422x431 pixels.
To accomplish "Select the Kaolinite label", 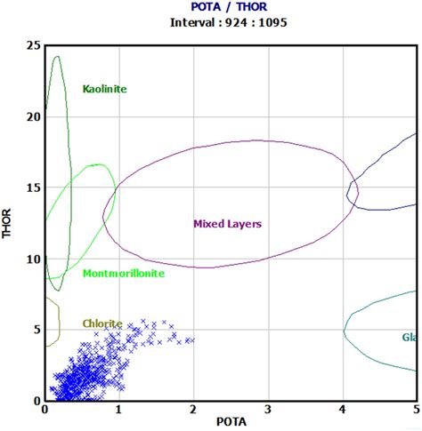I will [x=105, y=89].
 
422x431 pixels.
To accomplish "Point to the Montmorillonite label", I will [x=123, y=274].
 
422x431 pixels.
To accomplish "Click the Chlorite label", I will [x=102, y=324].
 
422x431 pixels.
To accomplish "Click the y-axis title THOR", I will [x=9, y=222].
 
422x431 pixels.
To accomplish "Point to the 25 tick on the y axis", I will [x=33, y=45].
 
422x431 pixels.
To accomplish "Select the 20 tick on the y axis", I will [x=33, y=116].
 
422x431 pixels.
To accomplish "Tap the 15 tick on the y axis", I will [x=33, y=188].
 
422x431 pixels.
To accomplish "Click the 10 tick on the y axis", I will [x=33, y=259].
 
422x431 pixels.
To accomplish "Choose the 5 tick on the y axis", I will [x=37, y=330].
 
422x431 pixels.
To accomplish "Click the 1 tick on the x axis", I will [x=119, y=410].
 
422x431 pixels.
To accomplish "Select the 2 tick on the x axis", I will [x=193, y=410].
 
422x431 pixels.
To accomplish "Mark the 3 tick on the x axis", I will [x=268, y=410].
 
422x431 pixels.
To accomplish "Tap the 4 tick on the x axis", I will [x=342, y=410].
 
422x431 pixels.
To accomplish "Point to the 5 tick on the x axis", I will [x=415, y=410].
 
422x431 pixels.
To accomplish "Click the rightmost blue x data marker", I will [x=191, y=340].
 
